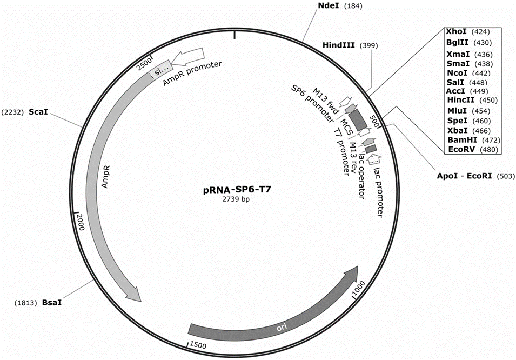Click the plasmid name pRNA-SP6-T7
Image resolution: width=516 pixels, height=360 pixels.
click(x=237, y=190)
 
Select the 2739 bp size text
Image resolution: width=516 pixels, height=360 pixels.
click(x=236, y=199)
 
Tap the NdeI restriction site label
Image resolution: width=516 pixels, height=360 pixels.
click(x=328, y=5)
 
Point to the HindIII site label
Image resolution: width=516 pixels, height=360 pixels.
click(x=339, y=45)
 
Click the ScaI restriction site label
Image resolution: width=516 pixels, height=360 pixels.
click(x=38, y=112)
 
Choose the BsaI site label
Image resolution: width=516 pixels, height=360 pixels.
click(x=52, y=302)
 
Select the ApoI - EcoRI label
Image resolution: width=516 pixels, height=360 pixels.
click(x=464, y=176)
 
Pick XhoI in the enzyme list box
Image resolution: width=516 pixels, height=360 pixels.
click(x=456, y=31)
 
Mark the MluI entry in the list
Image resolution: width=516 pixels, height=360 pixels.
click(x=457, y=111)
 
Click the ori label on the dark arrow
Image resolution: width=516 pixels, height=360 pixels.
click(x=282, y=326)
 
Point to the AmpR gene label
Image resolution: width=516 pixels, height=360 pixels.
click(x=106, y=177)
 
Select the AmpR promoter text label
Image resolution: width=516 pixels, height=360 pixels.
click(x=192, y=74)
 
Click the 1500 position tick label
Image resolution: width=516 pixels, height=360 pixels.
click(x=198, y=345)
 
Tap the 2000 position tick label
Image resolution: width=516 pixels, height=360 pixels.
click(x=81, y=222)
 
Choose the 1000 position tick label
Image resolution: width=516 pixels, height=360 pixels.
click(x=358, y=289)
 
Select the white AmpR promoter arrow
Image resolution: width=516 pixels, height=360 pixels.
click(x=187, y=56)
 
